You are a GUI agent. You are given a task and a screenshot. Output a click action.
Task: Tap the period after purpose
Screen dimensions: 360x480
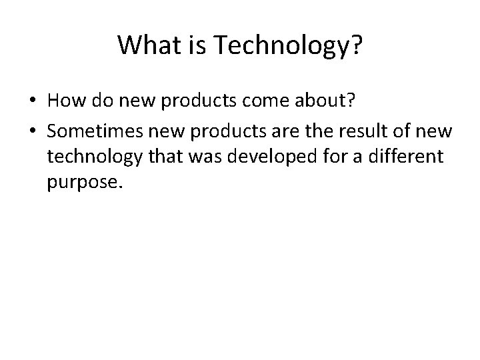[122, 187]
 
